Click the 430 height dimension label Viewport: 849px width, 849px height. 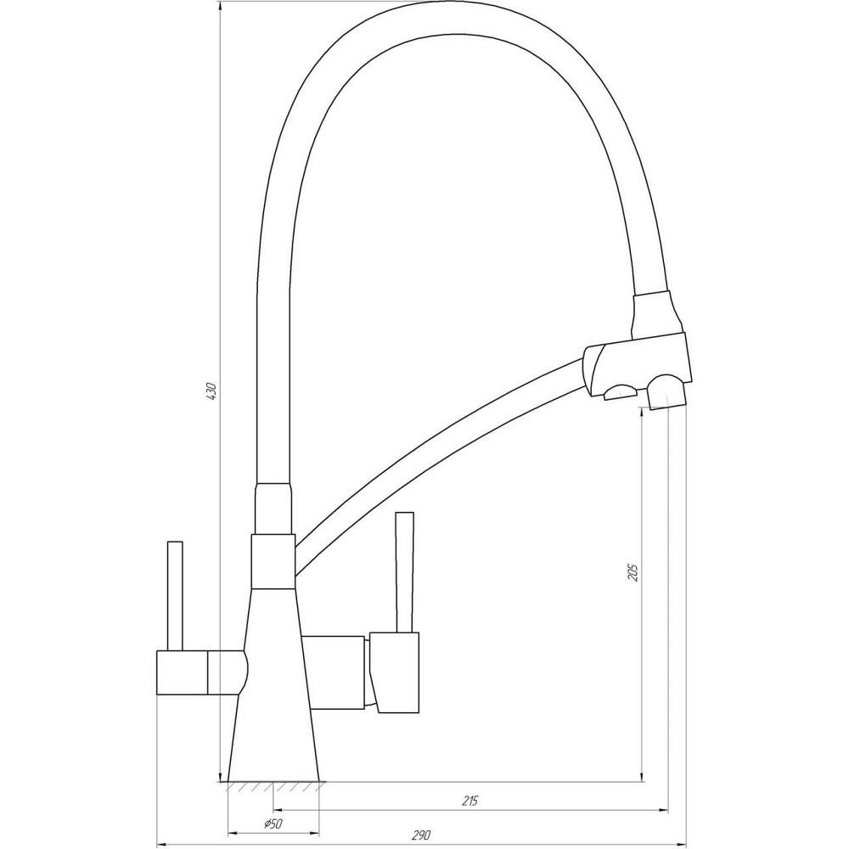tap(212, 391)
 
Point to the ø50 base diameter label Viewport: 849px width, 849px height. tap(272, 824)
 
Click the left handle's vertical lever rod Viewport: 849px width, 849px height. tap(176, 594)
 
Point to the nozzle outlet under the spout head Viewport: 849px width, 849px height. tap(666, 395)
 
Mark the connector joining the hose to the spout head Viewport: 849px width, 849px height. tap(656, 312)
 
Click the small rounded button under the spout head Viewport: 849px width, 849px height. tap(620, 390)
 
